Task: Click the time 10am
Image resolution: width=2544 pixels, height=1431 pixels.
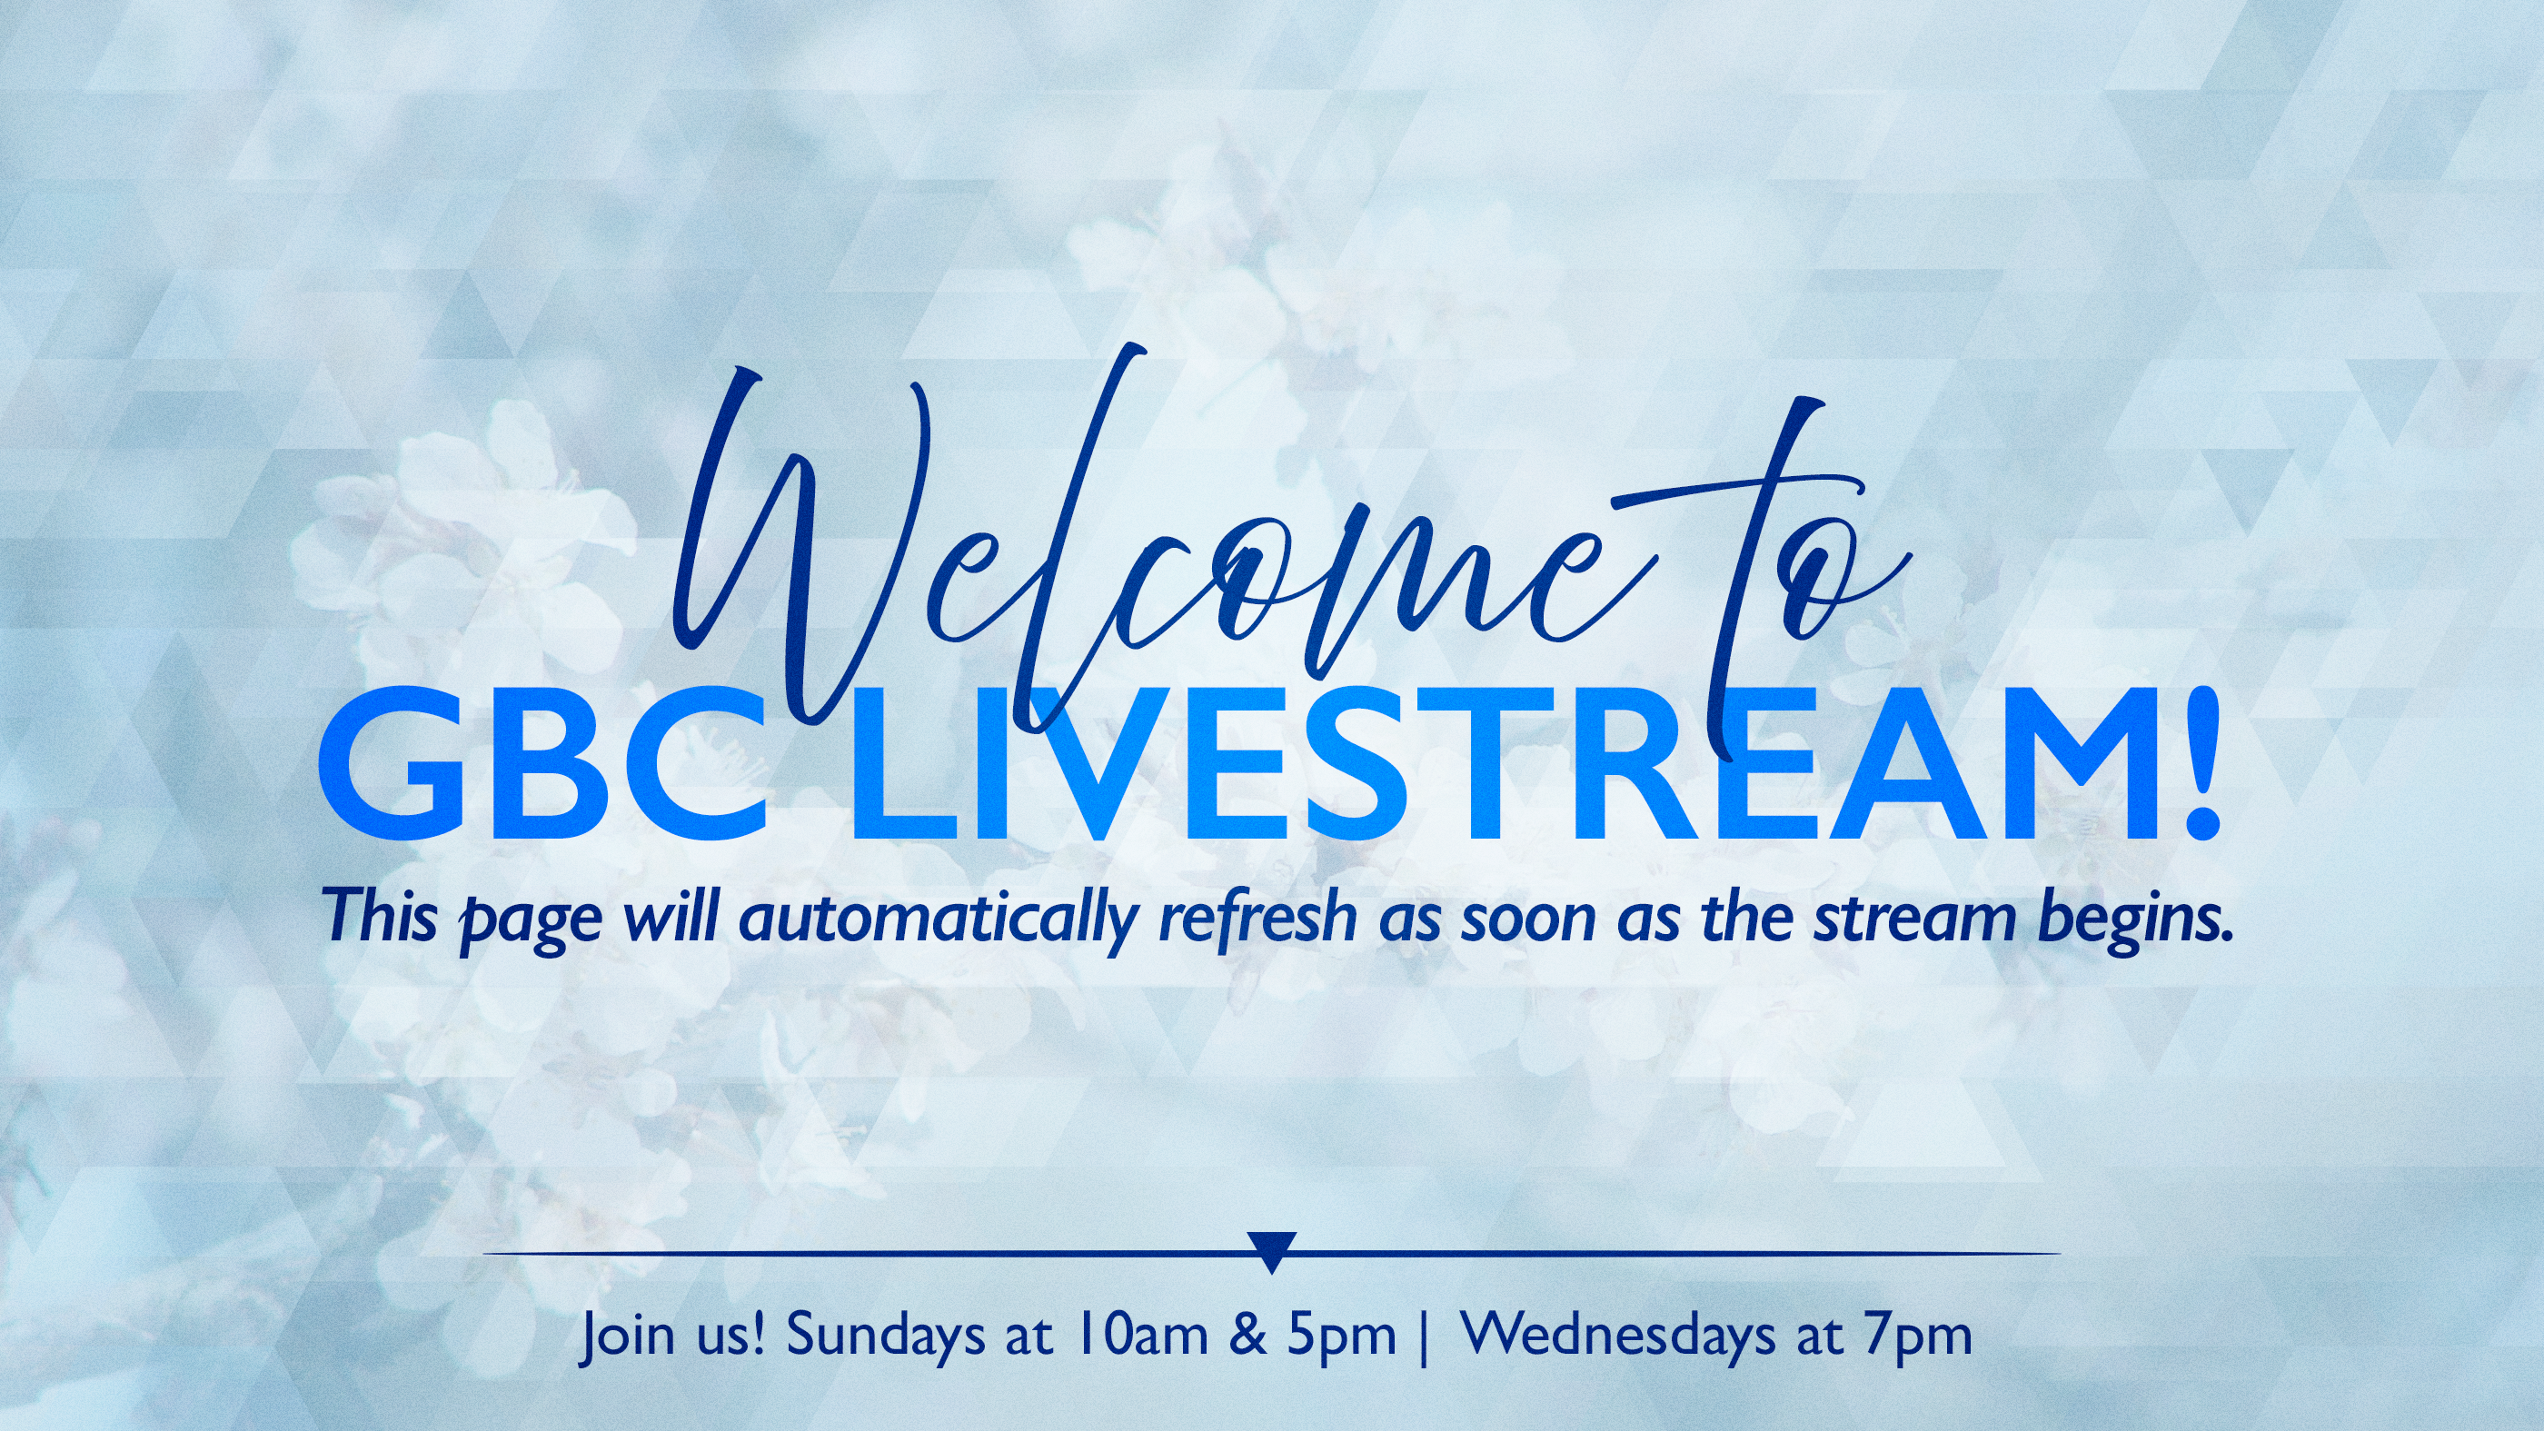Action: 1143,1336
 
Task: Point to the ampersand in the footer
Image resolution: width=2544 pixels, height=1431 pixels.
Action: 1248,1336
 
